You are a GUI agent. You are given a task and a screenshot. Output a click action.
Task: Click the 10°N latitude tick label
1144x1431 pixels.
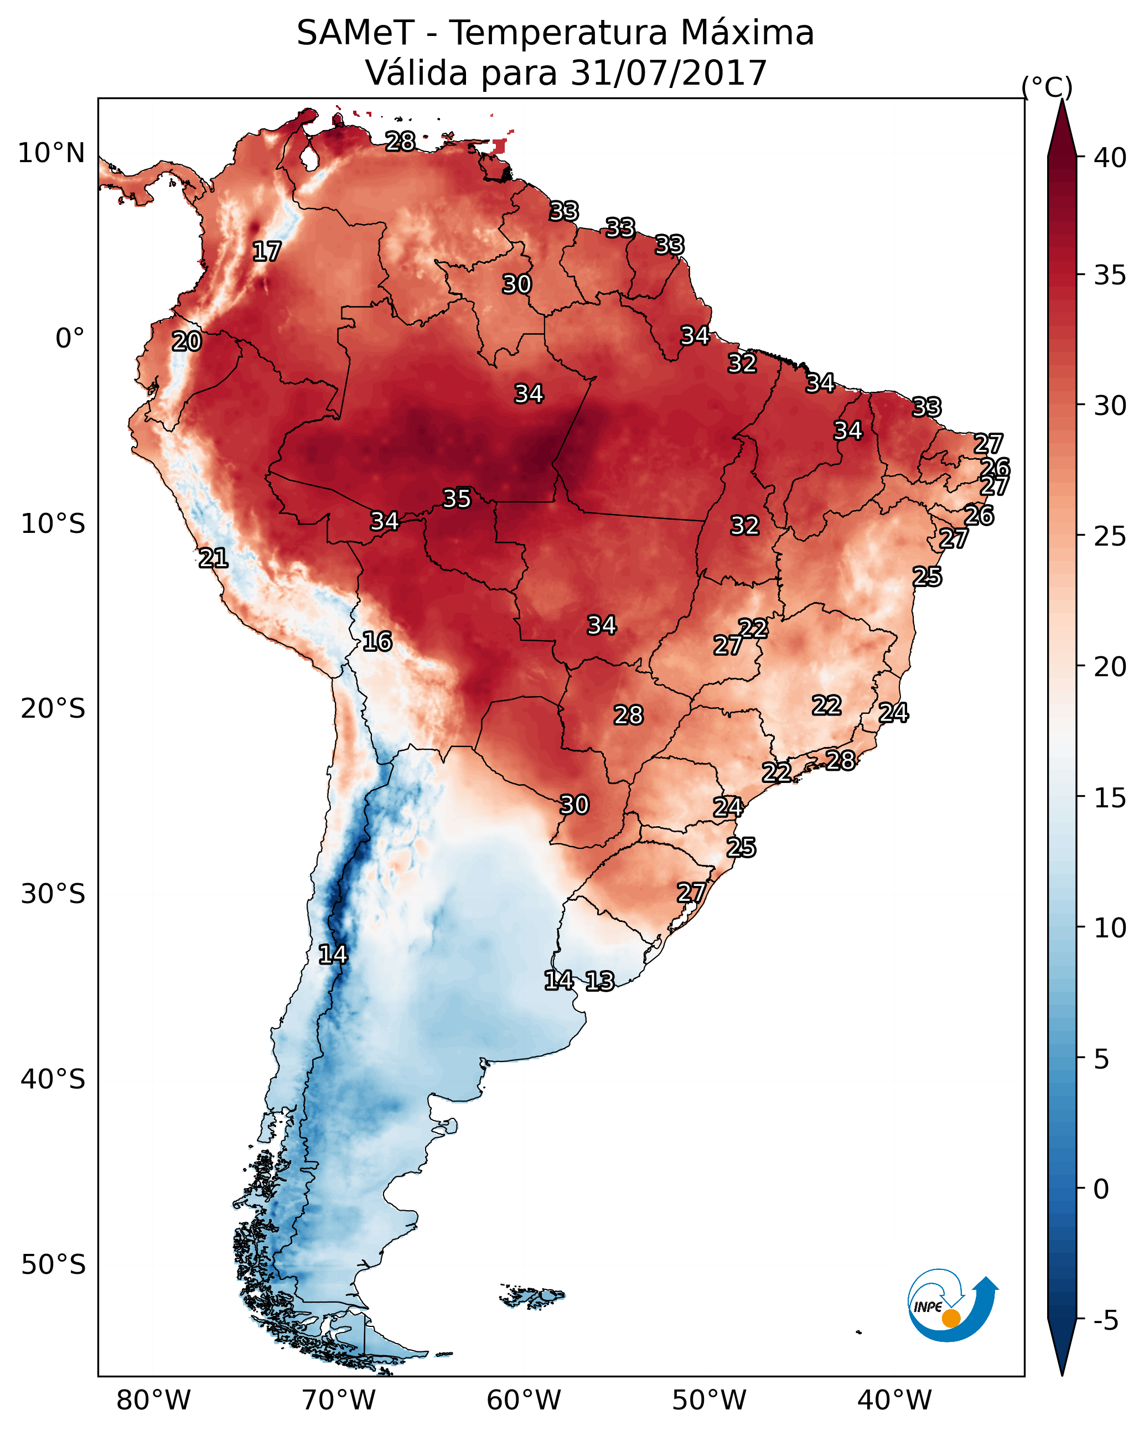51,153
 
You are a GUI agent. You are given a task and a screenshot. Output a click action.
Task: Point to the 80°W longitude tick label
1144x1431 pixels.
153,1400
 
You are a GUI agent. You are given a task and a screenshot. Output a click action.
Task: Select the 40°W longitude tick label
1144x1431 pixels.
894,1400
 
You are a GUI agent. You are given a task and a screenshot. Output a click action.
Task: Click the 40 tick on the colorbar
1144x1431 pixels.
1110,158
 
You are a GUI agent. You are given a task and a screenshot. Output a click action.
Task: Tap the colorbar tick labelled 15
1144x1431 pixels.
1110,798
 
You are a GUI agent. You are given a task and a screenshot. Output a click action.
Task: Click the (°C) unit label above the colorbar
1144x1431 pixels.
1047,87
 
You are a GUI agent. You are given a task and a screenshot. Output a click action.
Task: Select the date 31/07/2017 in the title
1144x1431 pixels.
668,72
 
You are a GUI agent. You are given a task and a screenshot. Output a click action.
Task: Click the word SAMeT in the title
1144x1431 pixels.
355,33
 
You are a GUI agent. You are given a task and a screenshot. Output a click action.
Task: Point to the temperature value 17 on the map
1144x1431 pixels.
267,252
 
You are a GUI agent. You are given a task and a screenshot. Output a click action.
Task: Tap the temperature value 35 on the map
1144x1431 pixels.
457,499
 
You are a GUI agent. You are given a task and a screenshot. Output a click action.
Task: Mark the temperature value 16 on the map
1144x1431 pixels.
377,641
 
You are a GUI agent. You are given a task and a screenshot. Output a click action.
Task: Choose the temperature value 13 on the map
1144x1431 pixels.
599,981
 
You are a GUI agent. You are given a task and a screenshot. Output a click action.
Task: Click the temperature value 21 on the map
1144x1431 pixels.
213,558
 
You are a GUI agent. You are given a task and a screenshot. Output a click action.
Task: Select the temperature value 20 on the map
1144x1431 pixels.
187,342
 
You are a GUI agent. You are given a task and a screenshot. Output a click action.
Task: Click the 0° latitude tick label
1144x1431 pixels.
70,339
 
